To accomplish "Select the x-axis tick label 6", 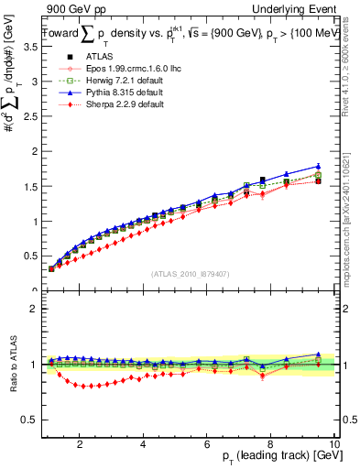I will pos(207,444).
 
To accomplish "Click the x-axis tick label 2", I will pos(81,444).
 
